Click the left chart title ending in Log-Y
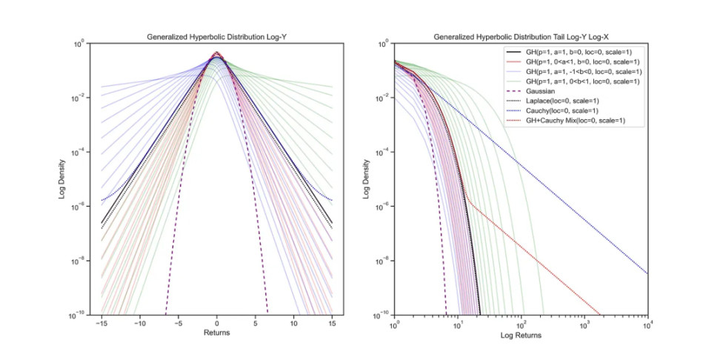click(x=216, y=37)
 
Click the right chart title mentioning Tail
click(x=521, y=37)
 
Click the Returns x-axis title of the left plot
click(x=216, y=333)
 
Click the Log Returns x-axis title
click(x=521, y=335)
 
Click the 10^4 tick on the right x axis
click(x=648, y=324)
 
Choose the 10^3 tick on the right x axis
click(x=584, y=324)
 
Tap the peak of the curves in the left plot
click(x=216, y=53)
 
